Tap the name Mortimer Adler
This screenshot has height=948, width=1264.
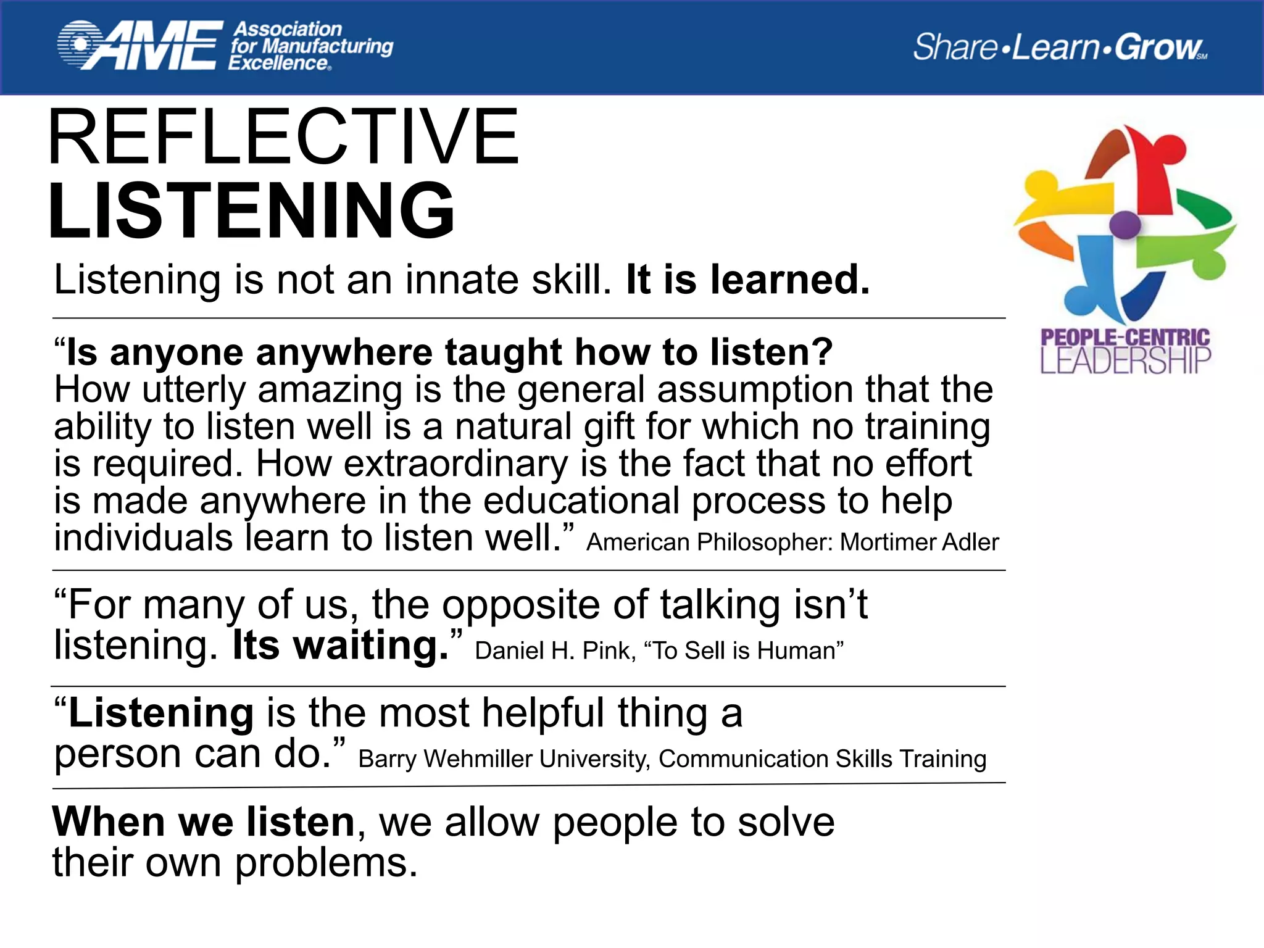coord(919,543)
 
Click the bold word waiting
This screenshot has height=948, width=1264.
coord(370,646)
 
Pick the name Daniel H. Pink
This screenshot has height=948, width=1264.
coord(555,651)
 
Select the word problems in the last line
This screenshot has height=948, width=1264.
coord(326,863)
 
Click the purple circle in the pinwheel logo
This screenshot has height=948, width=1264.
coord(1125,224)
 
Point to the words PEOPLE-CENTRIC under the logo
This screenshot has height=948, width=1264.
coord(1125,338)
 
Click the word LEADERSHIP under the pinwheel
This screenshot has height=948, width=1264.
coord(1125,361)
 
